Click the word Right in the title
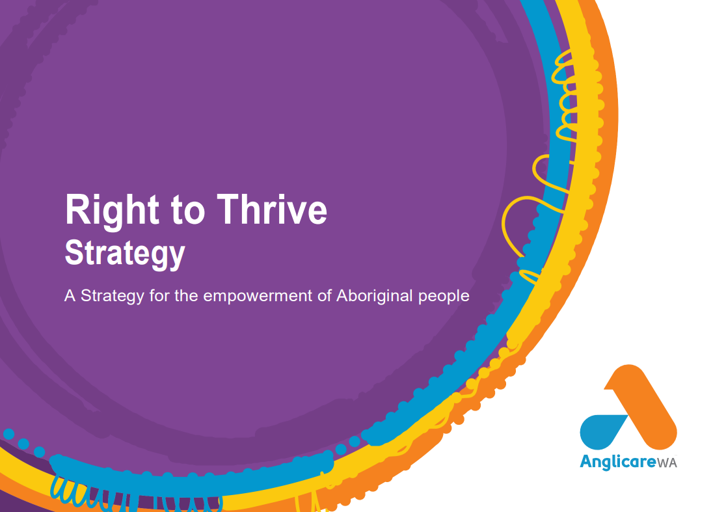pos(112,211)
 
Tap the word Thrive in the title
pos(272,209)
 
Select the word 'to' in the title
pos(188,211)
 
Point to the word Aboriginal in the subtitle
pos(374,296)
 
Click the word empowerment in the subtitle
pos(258,296)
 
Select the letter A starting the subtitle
pos(70,295)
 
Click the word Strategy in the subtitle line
pos(113,296)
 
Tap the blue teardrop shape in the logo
pos(602,432)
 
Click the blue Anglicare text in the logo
pos(618,462)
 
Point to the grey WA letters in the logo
pos(667,463)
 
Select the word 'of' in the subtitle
pos(324,295)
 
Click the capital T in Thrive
pos(227,209)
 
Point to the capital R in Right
pos(77,209)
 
